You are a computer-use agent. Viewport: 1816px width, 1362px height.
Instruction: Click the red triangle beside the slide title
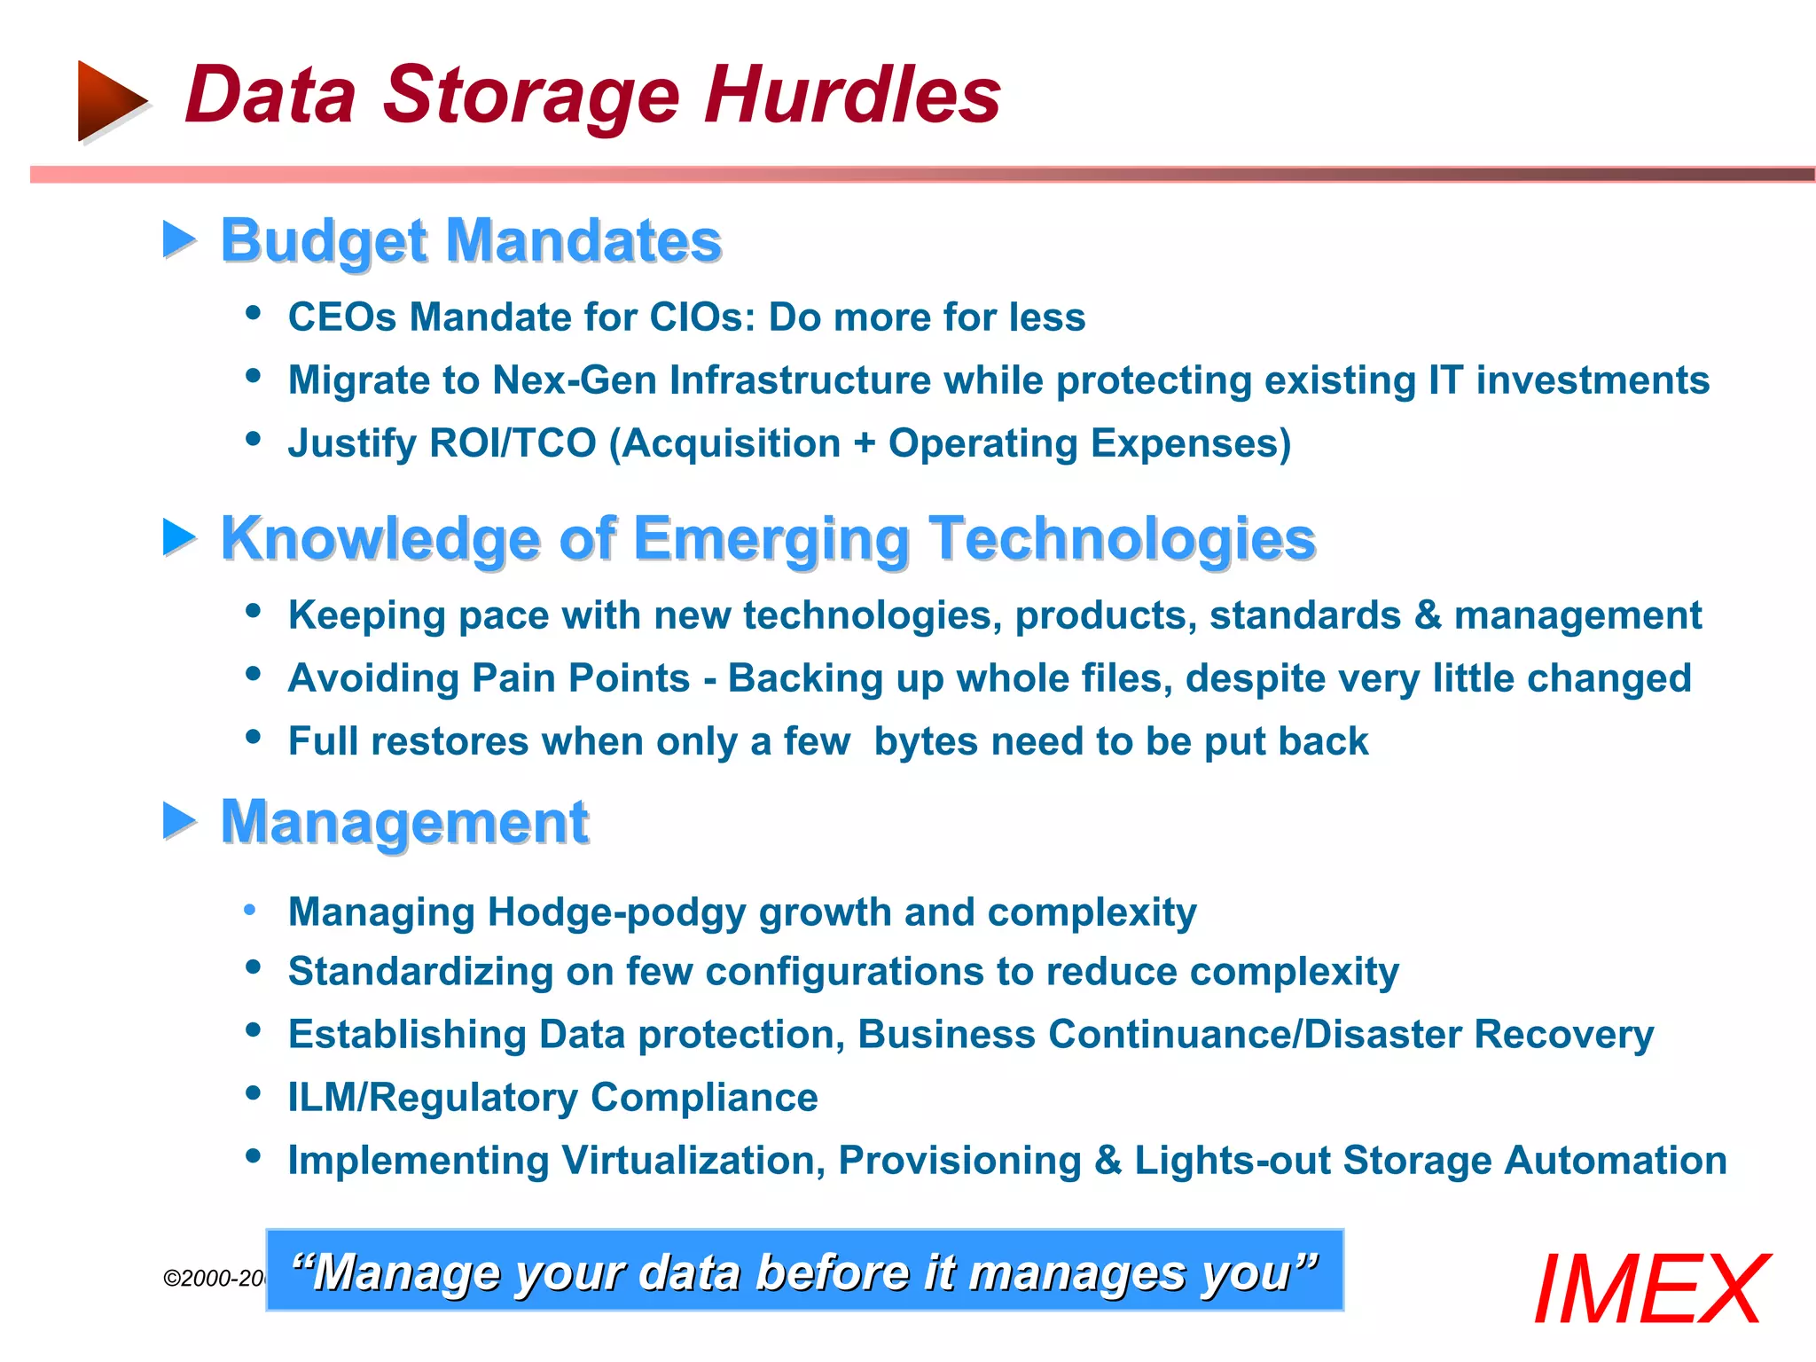pos(110,100)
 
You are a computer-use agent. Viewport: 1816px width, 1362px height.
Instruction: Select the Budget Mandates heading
pos(471,240)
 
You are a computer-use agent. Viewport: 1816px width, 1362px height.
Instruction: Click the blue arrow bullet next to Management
pos(179,820)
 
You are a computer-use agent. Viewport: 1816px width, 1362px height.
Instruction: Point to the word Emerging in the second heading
pos(772,538)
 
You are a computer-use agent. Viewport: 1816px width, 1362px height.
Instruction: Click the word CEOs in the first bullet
pos(342,317)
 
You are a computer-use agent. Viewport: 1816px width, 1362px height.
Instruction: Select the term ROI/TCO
pos(513,443)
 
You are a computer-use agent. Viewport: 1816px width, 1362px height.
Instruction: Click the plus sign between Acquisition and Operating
pos(865,443)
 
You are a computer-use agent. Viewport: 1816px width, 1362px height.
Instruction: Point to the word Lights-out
pos(1232,1161)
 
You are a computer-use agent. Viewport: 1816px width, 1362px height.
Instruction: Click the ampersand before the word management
pos(1428,615)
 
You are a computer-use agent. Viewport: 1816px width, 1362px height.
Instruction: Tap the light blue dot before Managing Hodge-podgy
pos(251,910)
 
